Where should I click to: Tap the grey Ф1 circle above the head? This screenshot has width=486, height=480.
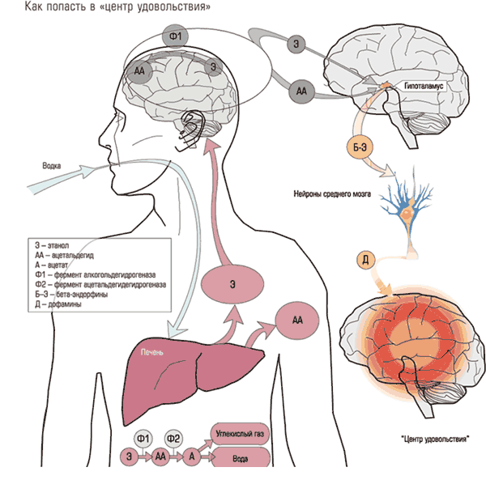click(174, 37)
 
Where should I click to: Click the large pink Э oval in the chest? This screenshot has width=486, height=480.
click(233, 284)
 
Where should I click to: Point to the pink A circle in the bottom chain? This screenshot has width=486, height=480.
click(193, 457)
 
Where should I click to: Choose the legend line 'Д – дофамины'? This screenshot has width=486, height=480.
click(58, 304)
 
